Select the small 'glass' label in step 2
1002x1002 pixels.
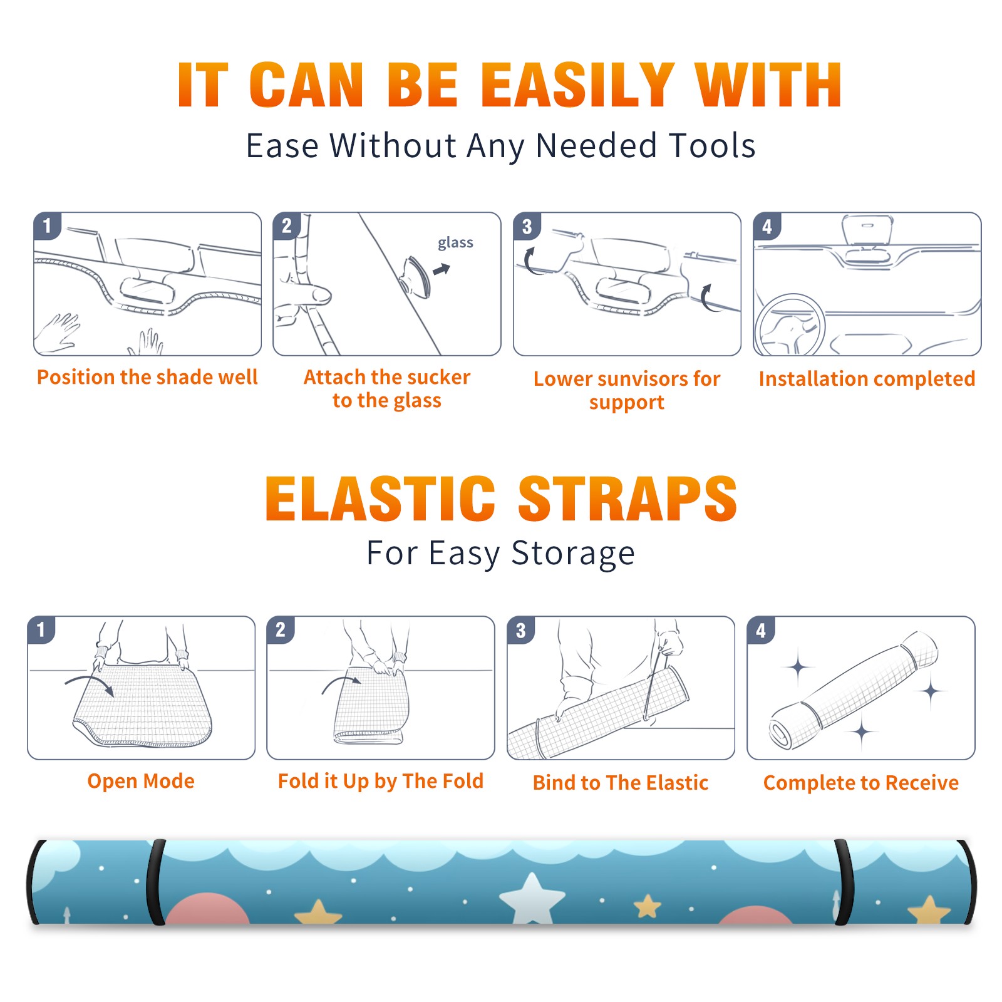click(x=455, y=243)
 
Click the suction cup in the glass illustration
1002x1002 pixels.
click(x=415, y=276)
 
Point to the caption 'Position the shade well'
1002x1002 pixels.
click(x=147, y=377)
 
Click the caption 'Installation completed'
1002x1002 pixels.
click(x=867, y=379)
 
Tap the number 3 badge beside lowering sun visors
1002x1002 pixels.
click(x=527, y=226)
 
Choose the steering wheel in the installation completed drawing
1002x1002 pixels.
click(x=790, y=325)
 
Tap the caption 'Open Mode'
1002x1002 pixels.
click(x=141, y=781)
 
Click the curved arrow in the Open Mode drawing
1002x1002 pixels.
click(x=90, y=681)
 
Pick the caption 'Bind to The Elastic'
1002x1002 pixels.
click(x=621, y=783)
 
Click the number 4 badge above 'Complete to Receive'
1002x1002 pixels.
click(x=761, y=630)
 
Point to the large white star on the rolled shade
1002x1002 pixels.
click(x=532, y=899)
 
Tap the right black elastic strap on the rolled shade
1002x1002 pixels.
click(x=844, y=882)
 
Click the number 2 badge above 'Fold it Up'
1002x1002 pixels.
click(x=280, y=630)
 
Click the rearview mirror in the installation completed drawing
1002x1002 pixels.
click(x=867, y=230)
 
